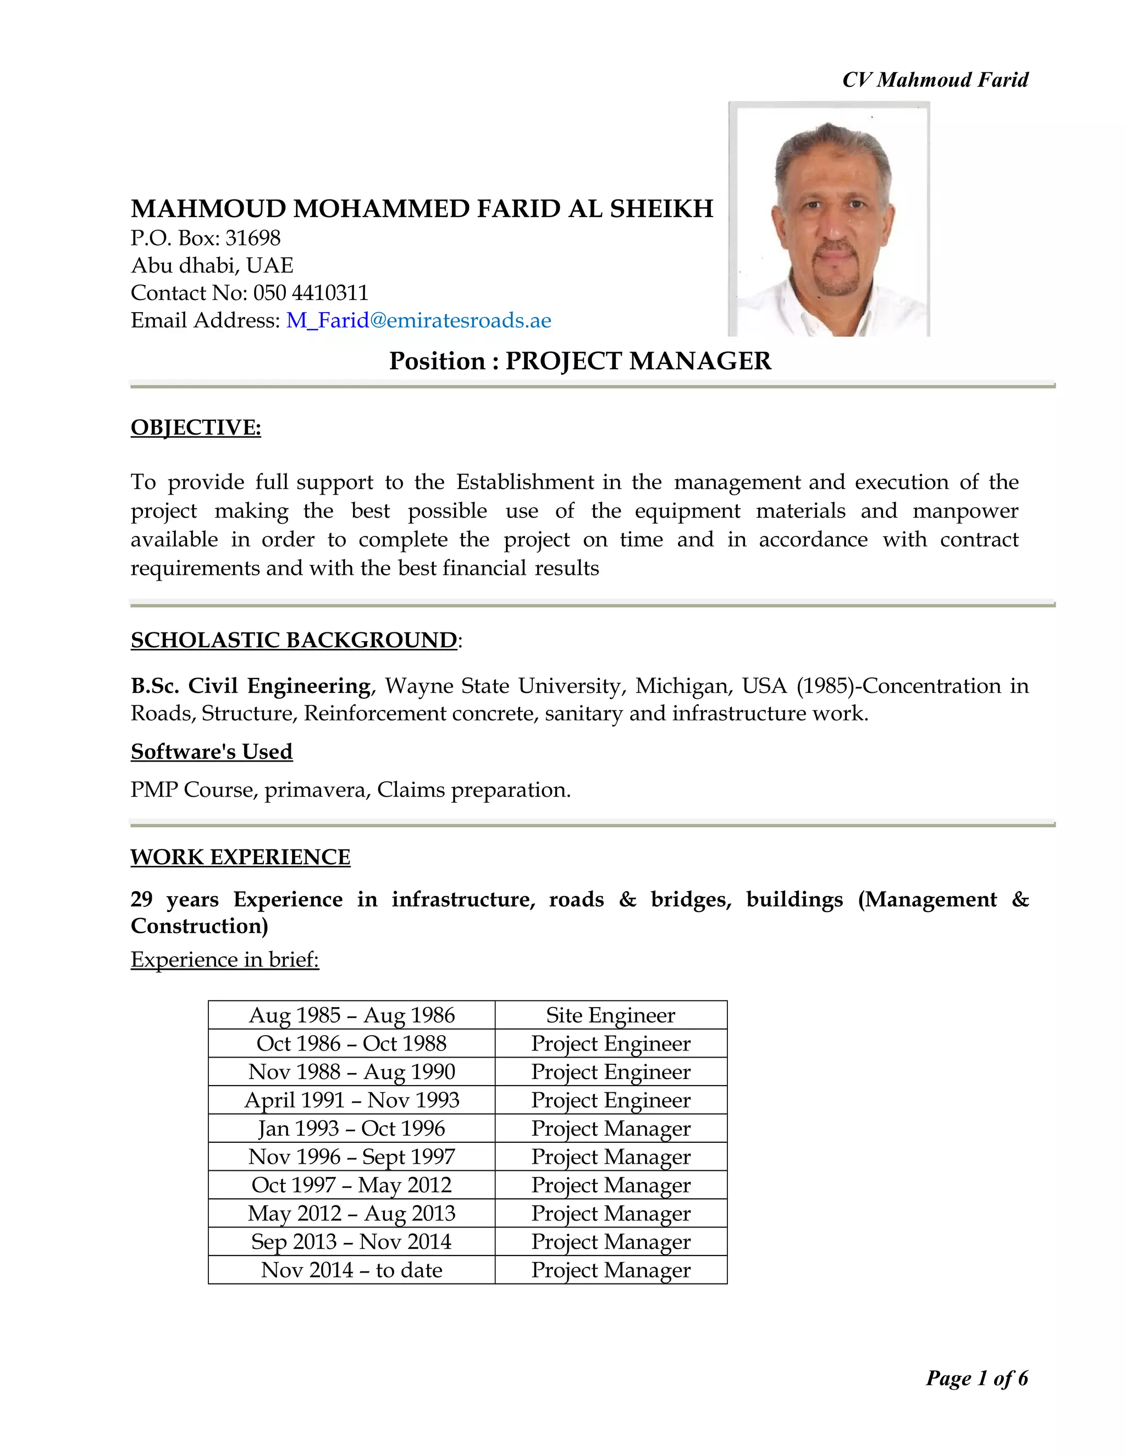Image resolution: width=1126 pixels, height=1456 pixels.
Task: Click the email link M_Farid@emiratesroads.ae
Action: point(418,321)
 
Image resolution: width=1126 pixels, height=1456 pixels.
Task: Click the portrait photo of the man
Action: point(829,219)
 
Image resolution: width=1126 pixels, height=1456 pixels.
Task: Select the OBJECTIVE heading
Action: point(195,427)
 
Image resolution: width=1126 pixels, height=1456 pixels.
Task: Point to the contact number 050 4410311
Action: point(310,293)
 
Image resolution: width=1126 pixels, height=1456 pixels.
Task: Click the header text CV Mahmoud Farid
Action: point(935,80)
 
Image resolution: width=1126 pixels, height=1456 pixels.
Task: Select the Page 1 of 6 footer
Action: point(976,1378)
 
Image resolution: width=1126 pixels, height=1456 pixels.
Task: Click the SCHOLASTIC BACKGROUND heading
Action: point(294,640)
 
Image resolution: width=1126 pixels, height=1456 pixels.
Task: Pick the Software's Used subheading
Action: point(212,751)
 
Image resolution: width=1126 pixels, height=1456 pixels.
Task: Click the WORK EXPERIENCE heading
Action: point(240,857)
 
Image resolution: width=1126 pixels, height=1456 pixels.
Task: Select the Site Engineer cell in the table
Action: point(610,1015)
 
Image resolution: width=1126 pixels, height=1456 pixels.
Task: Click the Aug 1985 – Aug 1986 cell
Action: point(351,1015)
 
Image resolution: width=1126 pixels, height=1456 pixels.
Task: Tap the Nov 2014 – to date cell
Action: point(351,1270)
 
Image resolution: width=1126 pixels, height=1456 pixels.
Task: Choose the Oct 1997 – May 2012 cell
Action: point(351,1185)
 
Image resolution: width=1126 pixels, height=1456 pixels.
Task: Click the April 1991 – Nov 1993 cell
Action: point(351,1100)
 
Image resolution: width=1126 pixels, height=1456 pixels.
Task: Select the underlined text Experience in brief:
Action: point(225,959)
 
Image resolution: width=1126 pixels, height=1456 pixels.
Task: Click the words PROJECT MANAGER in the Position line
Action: point(638,360)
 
